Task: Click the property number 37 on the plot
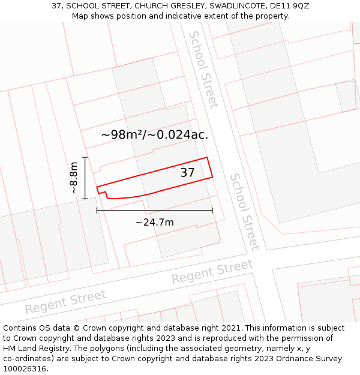tap(187, 173)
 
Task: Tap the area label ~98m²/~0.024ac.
tap(154, 134)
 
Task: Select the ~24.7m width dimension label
tap(154, 223)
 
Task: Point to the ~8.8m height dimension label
tap(73, 178)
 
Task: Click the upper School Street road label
tap(203, 70)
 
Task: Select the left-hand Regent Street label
tap(65, 301)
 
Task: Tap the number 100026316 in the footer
tap(23, 369)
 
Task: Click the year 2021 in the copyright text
tap(232, 328)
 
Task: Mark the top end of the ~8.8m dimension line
tap(85, 157)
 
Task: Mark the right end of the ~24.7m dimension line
tap(212, 210)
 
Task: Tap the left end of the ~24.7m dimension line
tap(97, 210)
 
